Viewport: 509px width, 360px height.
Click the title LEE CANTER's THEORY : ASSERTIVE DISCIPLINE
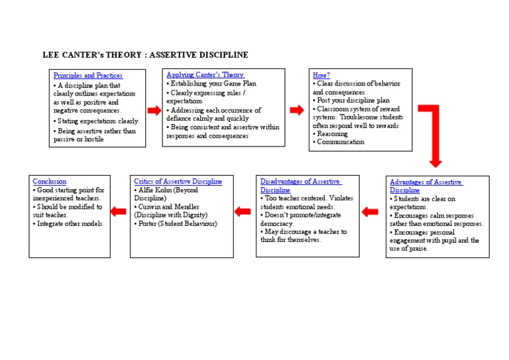click(x=145, y=55)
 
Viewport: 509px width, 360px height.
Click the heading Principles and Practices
click(x=88, y=76)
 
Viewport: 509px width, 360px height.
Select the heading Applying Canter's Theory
click(x=205, y=75)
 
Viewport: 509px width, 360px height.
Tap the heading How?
click(x=321, y=76)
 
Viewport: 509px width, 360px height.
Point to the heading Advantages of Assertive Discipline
click(x=425, y=186)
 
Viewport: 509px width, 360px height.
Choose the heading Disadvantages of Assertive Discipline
click(x=300, y=186)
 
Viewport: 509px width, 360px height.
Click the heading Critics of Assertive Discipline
click(x=178, y=181)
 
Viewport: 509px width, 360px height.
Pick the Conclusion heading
click(x=50, y=181)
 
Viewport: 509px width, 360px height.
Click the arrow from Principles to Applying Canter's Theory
click(x=154, y=111)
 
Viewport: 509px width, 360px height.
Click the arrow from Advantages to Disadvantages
click(x=370, y=211)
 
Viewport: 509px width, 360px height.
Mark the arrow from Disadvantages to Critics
click(x=243, y=211)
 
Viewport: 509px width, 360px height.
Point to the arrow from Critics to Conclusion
click(x=118, y=211)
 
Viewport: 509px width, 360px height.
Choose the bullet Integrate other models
click(x=70, y=224)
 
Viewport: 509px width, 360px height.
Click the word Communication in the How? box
click(x=340, y=142)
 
